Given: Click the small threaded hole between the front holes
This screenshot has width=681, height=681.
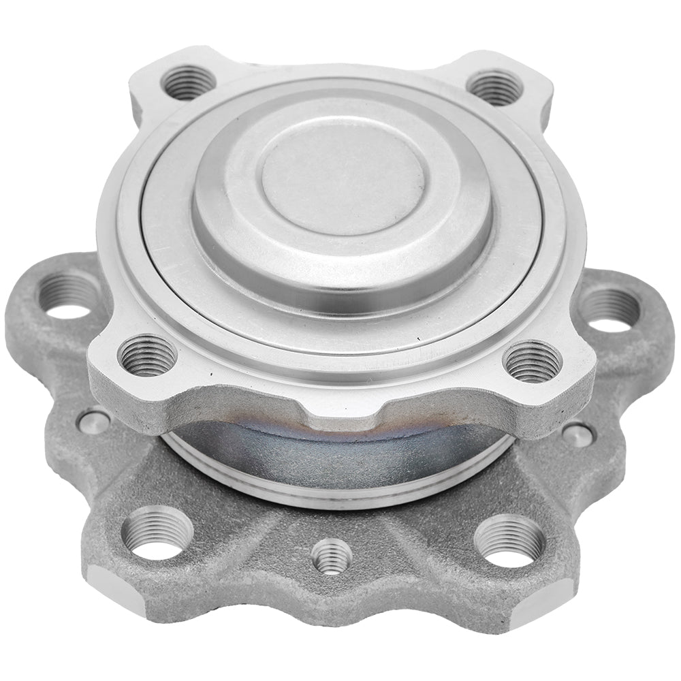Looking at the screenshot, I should [332, 555].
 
